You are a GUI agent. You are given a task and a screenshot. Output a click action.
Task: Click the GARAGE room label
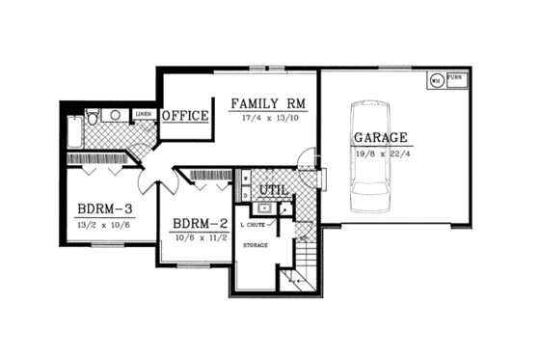(x=380, y=137)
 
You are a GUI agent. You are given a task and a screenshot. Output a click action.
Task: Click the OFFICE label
(x=185, y=116)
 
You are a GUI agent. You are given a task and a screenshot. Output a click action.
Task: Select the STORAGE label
(x=256, y=245)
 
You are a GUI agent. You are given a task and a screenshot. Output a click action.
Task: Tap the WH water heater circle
(x=437, y=80)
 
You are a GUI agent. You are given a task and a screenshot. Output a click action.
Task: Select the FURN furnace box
(x=455, y=79)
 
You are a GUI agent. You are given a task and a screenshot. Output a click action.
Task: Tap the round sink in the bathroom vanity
(x=114, y=116)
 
